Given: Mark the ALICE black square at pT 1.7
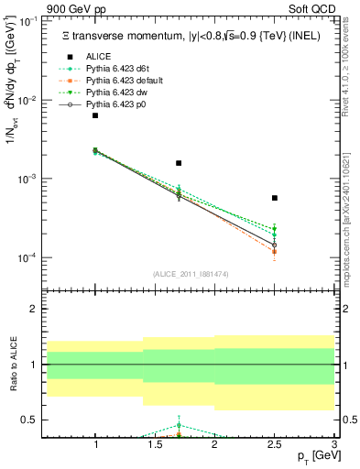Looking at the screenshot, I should click(179, 163).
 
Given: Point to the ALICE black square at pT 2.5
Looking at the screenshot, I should click(275, 198).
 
